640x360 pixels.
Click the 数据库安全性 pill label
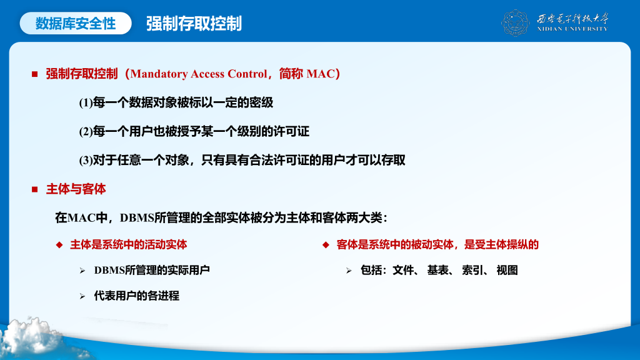pyautogui.click(x=76, y=23)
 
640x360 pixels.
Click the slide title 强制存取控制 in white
pyautogui.click(x=194, y=23)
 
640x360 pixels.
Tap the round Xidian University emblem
pyautogui.click(x=515, y=23)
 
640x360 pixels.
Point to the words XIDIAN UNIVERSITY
pyautogui.click(x=572, y=29)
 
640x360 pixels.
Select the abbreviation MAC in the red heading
pyautogui.click(x=320, y=74)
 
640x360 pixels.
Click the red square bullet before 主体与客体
pyautogui.click(x=35, y=189)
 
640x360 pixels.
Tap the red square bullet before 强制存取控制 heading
pyautogui.click(x=35, y=74)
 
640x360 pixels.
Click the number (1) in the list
pyautogui.click(x=86, y=103)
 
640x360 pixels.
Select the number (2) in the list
pyautogui.click(x=86, y=132)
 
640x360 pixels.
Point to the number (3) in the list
pyautogui.click(x=86, y=161)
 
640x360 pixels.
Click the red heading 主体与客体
pyautogui.click(x=76, y=189)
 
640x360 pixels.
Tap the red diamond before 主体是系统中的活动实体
pyautogui.click(x=59, y=245)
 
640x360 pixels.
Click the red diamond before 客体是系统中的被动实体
pyautogui.click(x=326, y=245)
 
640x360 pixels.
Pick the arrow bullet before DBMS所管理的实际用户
pyautogui.click(x=82, y=271)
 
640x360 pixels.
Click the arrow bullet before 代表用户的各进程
pyautogui.click(x=82, y=296)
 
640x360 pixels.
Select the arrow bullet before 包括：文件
pyautogui.click(x=349, y=271)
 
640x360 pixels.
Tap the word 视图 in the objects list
pyautogui.click(x=507, y=270)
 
